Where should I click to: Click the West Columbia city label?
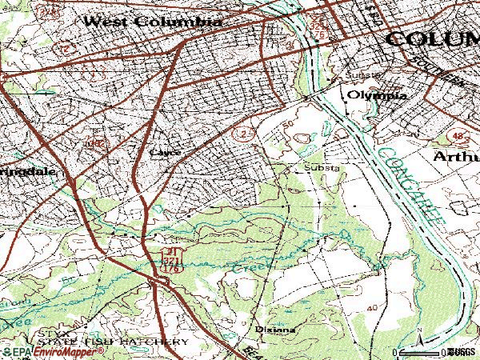[152, 22]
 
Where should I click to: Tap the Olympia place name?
[376, 95]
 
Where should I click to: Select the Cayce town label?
[165, 151]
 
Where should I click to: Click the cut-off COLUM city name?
[433, 38]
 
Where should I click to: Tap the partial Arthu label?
[457, 156]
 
